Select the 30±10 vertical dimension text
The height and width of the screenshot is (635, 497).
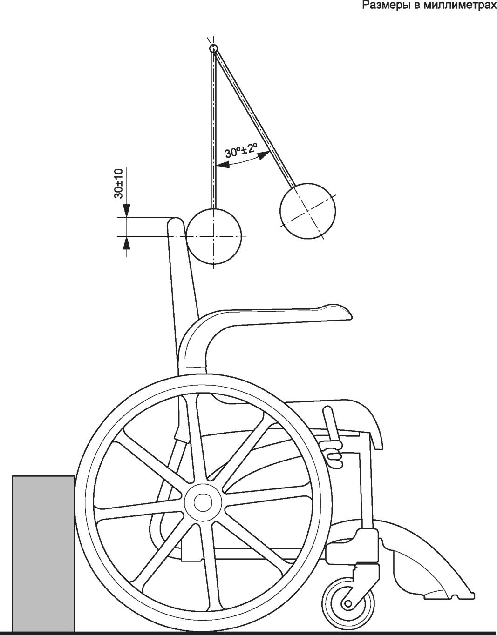(118, 184)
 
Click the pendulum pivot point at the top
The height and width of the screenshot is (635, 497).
(213, 48)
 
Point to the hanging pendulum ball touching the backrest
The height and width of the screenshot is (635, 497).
(214, 236)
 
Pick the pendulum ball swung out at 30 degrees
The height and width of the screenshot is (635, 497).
(307, 210)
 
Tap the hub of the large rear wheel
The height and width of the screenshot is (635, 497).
(202, 502)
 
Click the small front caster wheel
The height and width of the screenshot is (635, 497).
(347, 603)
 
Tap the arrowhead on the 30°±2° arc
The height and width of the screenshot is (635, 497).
(264, 155)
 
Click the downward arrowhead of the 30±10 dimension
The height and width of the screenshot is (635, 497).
(126, 212)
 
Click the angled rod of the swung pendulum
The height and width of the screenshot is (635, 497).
(254, 119)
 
